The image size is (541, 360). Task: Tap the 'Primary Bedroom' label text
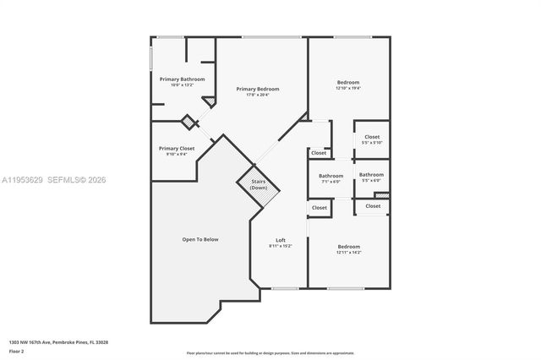(257, 89)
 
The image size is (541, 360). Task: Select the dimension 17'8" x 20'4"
(257, 95)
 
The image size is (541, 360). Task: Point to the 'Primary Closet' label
(177, 148)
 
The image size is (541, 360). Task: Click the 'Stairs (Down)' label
(259, 183)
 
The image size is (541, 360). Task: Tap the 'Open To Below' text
(200, 239)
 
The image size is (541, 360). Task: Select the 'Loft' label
(280, 239)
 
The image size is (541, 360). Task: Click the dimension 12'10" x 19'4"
(347, 88)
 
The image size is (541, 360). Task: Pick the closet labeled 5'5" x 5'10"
(372, 142)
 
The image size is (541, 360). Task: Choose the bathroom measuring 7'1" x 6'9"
(331, 181)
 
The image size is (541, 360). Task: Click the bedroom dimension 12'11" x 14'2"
(348, 252)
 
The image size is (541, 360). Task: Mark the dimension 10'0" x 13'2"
(182, 85)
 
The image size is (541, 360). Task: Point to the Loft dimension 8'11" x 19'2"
(280, 246)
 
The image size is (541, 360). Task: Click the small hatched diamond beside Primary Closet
(190, 122)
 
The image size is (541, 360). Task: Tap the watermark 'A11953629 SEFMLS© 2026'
(53, 180)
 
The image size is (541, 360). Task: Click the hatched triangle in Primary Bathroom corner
(209, 101)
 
